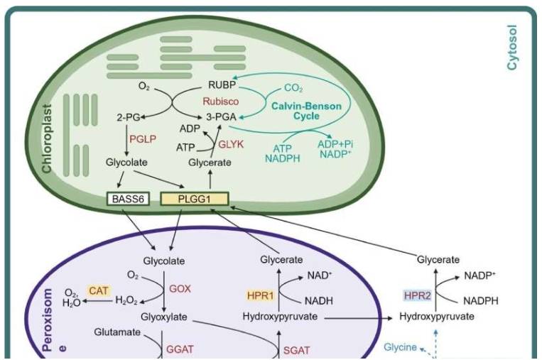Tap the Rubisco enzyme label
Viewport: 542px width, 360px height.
click(219, 102)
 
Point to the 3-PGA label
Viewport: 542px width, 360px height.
click(222, 116)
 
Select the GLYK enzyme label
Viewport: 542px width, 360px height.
click(231, 143)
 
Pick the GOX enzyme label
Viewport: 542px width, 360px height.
click(180, 289)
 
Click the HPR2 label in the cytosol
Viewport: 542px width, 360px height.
click(418, 295)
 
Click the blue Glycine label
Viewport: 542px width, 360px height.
click(401, 347)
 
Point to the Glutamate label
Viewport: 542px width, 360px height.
click(116, 332)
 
